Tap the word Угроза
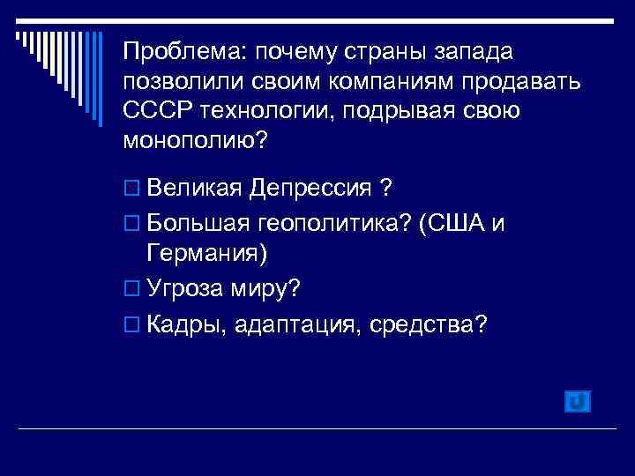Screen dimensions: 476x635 click(184, 288)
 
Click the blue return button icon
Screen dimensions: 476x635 click(576, 401)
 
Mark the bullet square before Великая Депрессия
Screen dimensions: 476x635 click(132, 190)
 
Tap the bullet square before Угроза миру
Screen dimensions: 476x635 click(132, 290)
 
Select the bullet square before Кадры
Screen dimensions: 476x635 click(132, 325)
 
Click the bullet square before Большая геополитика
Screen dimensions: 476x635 click(132, 224)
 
